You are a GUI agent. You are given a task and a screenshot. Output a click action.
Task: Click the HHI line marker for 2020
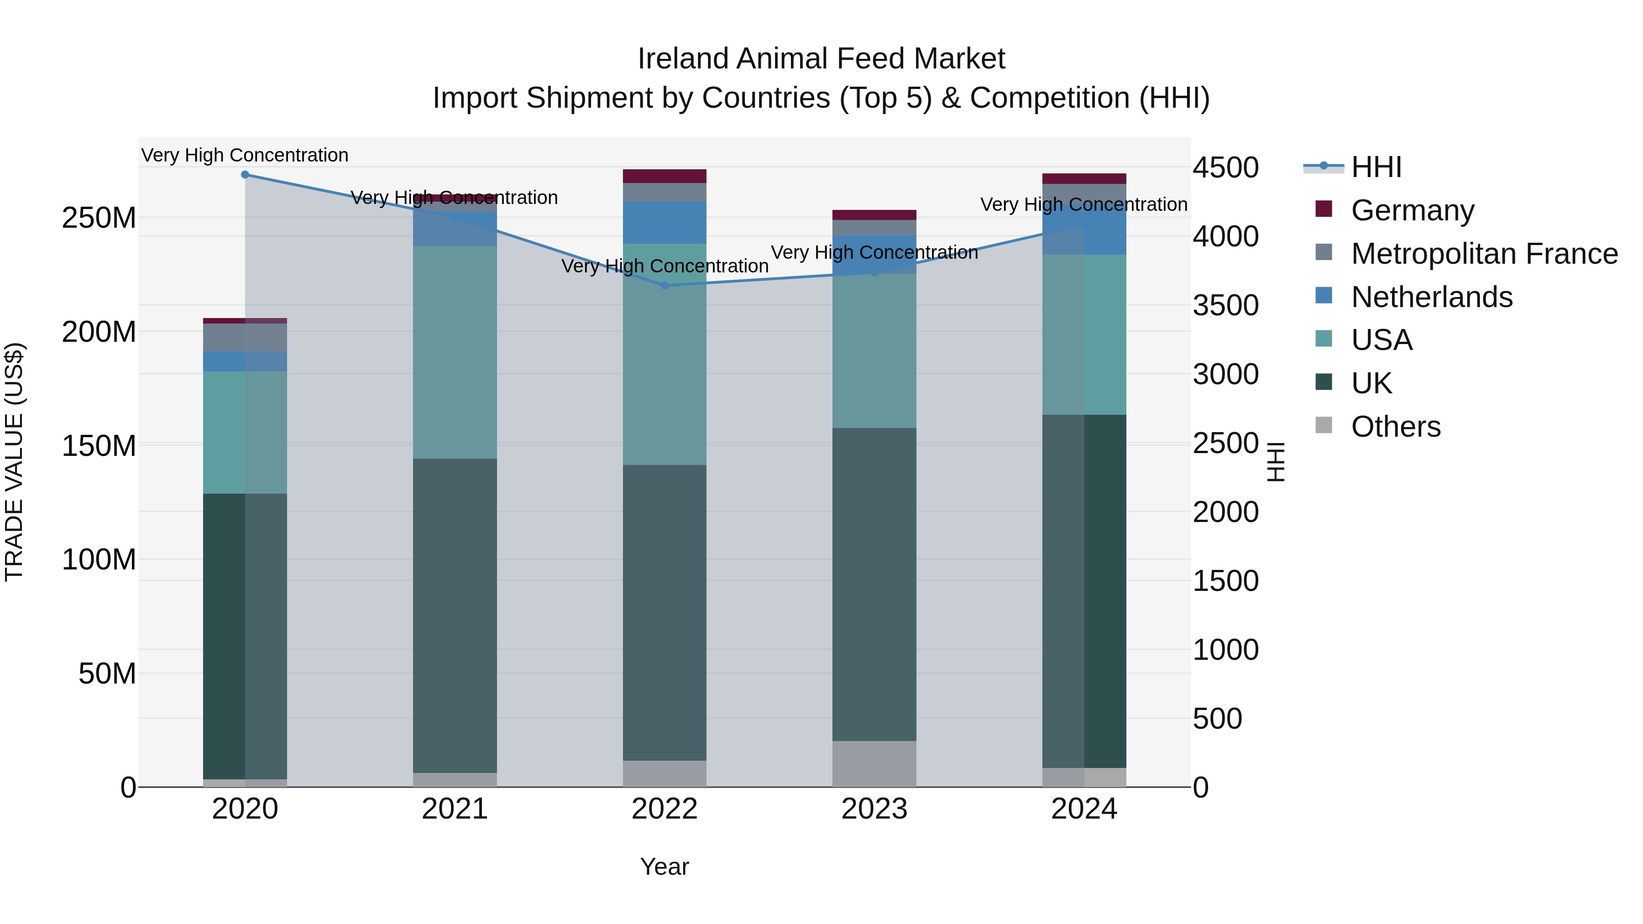click(x=245, y=175)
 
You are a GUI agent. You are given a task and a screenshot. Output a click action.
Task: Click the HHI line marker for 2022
click(x=665, y=286)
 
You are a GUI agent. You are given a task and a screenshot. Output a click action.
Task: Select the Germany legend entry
click(x=1412, y=210)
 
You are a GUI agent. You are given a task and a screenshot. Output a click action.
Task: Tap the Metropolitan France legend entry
click(x=1484, y=254)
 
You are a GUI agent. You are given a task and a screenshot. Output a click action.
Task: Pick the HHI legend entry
click(x=1376, y=167)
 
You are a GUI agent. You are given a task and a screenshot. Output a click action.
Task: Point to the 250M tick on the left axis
click(x=99, y=218)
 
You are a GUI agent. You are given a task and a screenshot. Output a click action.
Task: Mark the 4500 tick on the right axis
click(x=1225, y=168)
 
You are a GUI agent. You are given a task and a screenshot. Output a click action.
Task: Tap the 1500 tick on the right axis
click(x=1225, y=581)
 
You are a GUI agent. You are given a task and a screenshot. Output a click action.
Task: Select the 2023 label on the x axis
click(x=874, y=809)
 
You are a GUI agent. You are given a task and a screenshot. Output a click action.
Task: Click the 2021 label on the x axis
click(x=455, y=809)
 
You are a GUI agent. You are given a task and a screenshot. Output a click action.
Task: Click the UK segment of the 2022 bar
click(x=665, y=612)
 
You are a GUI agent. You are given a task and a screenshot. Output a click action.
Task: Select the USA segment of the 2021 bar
click(x=455, y=352)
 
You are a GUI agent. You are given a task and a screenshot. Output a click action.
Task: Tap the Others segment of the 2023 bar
click(x=874, y=763)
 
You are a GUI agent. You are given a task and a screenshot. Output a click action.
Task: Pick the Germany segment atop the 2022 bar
click(x=665, y=176)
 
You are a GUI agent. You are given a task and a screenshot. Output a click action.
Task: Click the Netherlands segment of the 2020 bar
click(x=245, y=361)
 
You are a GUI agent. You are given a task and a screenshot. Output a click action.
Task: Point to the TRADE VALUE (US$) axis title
click(x=14, y=462)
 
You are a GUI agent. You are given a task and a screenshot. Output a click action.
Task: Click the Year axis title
click(x=665, y=867)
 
